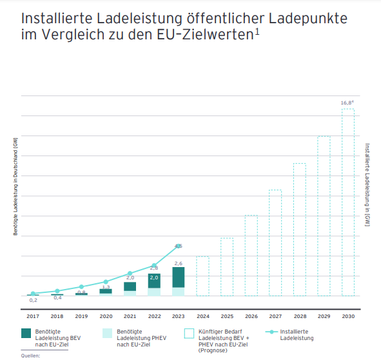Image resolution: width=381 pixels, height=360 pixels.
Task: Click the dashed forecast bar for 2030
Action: pos(347,202)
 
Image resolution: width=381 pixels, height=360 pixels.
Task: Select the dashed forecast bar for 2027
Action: pos(275,243)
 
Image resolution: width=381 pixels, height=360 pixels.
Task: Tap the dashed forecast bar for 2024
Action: pos(202,276)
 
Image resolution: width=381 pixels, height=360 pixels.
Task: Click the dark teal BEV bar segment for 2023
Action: pos(179,277)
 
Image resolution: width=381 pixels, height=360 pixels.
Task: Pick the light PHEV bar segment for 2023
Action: pos(179,292)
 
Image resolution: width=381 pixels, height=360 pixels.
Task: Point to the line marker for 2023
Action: pos(179,246)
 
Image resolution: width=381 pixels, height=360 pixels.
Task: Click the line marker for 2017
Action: pos(33,294)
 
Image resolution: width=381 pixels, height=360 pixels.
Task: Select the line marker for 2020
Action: pos(106,281)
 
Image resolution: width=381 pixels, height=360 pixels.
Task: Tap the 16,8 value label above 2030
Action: pos(347,103)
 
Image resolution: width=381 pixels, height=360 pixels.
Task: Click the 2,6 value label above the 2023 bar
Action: pos(179,263)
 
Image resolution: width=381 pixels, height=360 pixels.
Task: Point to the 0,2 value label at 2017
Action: pos(33,300)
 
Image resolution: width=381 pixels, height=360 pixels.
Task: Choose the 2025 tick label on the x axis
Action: pos(226,316)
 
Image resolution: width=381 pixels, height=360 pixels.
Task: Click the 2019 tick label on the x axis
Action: pos(81,316)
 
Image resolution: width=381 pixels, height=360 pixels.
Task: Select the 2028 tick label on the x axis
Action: pos(299,316)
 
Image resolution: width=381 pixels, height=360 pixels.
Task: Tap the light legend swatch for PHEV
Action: pos(108,333)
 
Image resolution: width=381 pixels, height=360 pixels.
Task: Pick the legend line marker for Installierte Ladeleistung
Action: pos(272,333)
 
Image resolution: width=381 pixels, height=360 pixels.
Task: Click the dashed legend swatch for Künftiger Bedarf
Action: pos(190,333)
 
